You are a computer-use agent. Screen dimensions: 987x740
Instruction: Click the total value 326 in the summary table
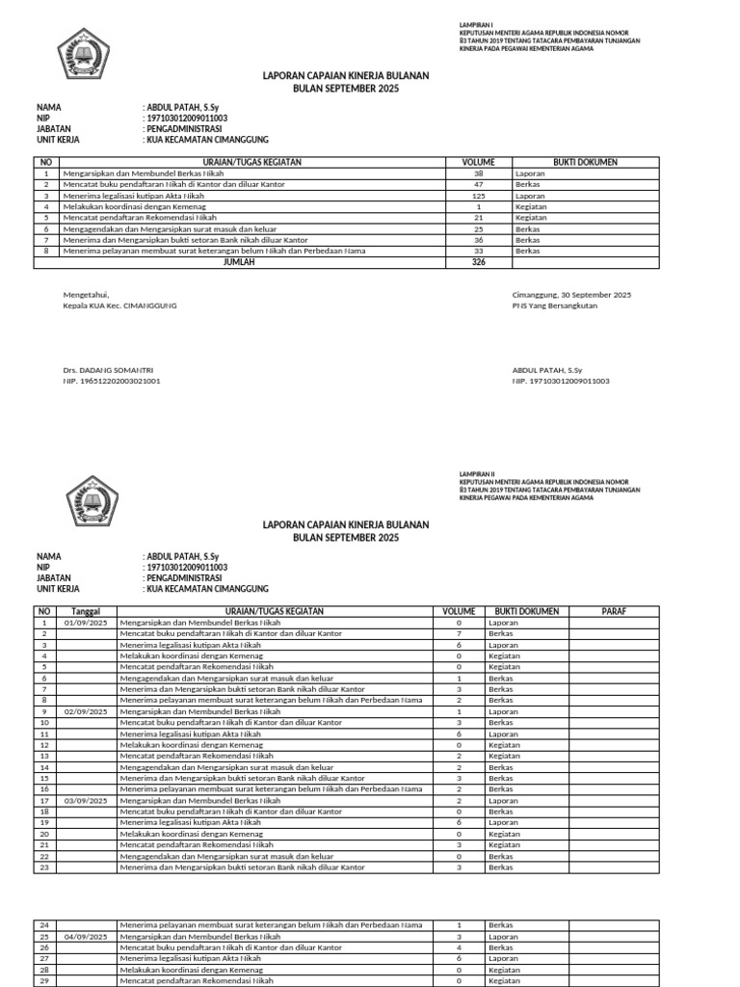point(478,261)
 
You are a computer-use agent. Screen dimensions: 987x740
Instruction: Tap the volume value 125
point(478,196)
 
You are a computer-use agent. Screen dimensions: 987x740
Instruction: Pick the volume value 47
point(478,184)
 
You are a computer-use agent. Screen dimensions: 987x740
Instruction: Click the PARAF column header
point(614,611)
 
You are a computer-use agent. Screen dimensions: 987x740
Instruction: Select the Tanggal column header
point(86,611)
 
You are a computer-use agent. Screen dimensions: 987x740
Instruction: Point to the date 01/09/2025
point(86,624)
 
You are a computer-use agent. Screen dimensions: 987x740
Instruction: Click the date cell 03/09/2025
point(86,800)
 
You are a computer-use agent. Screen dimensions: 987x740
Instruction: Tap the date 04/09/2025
point(86,936)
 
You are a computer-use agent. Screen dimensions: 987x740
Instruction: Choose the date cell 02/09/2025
point(86,711)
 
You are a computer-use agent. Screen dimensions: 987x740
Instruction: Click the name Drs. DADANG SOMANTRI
point(108,370)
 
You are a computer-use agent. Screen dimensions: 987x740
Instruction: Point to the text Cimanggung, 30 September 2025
point(571,294)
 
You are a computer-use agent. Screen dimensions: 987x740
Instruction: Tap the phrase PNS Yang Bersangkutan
point(554,306)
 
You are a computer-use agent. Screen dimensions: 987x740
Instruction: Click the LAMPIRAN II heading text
point(476,475)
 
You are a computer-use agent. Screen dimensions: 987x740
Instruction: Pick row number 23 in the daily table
point(44,867)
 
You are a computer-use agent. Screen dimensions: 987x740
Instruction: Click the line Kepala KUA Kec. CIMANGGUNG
point(119,306)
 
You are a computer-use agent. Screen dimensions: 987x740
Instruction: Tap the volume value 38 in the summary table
point(478,173)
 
